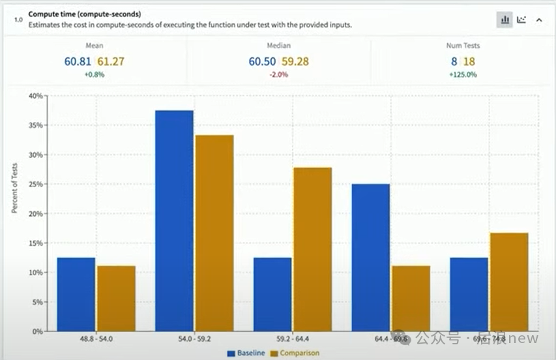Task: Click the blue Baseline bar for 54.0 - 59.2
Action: click(174, 220)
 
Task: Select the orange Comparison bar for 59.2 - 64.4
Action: click(312, 249)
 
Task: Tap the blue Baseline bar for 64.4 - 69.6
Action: click(371, 258)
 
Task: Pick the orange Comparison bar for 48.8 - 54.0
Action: click(116, 298)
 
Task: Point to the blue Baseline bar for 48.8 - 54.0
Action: click(76, 294)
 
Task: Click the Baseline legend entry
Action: click(246, 353)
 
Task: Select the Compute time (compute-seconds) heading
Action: click(85, 14)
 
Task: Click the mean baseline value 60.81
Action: click(78, 62)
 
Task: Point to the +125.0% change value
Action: click(463, 74)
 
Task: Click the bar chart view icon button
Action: click(505, 20)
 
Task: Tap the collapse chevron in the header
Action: click(539, 20)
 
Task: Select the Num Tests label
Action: click(463, 46)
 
